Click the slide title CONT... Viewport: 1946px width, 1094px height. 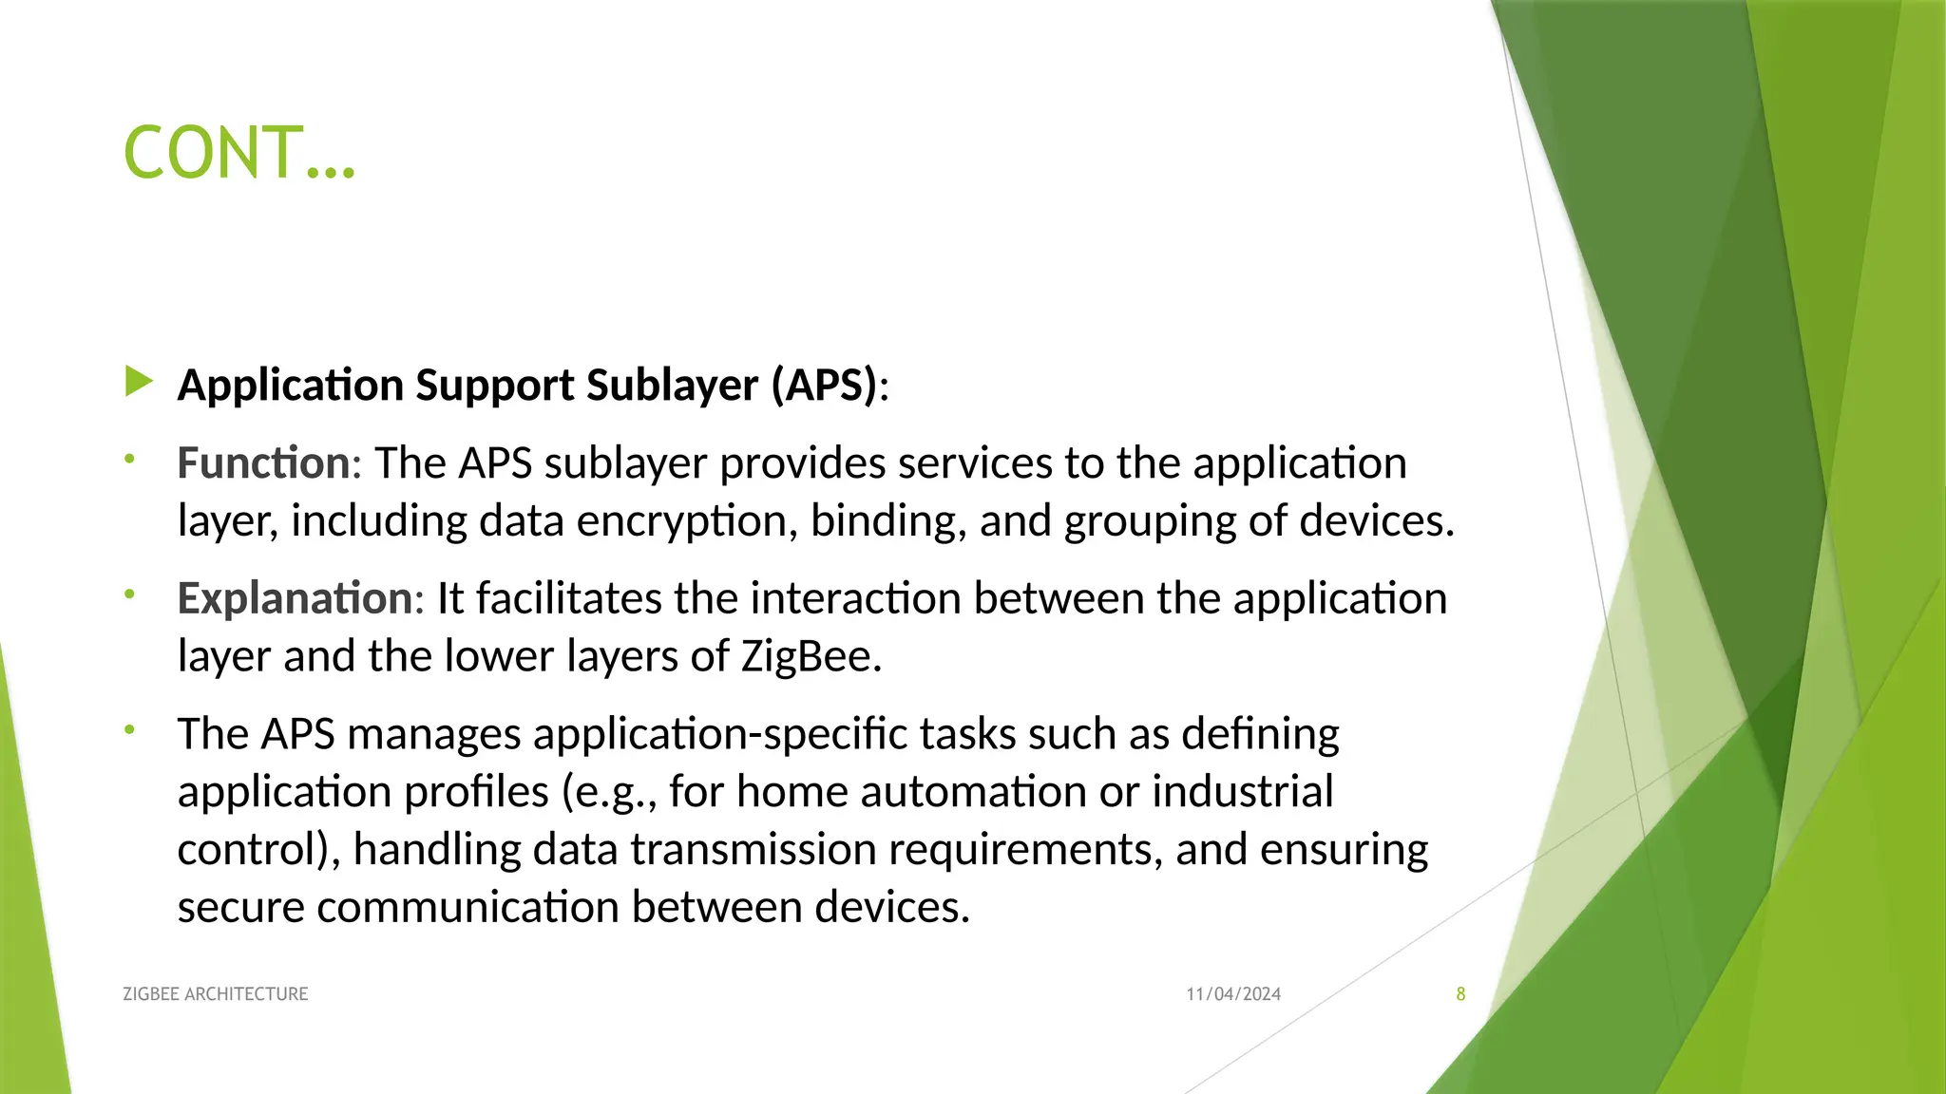pos(239,153)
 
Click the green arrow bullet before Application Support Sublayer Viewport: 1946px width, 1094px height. pos(139,383)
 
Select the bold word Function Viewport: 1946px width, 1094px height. pos(263,463)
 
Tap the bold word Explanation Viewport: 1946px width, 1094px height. pos(295,598)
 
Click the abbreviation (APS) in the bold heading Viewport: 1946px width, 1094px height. pos(824,386)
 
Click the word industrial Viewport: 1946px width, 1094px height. pos(1242,792)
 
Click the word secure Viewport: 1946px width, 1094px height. pos(240,908)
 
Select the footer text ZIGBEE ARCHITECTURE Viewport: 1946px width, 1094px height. pos(216,994)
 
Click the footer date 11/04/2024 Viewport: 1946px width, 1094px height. pos(1233,994)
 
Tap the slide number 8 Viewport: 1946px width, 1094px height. pos(1460,994)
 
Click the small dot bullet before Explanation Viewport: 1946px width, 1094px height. pos(130,595)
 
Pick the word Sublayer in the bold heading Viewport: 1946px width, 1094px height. pos(672,386)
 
